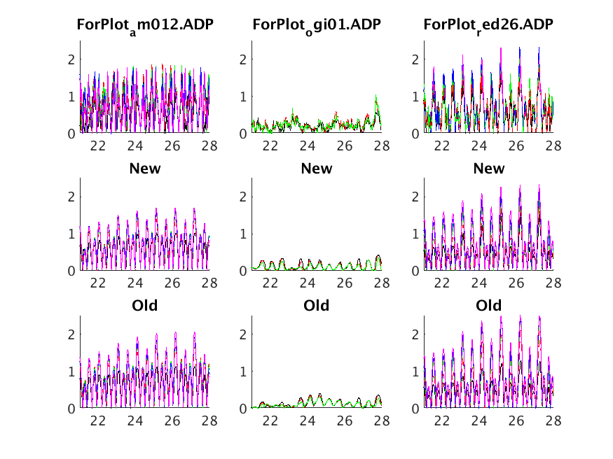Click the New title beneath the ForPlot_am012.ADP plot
[x=145, y=169]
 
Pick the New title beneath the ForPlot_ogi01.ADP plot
[x=317, y=169]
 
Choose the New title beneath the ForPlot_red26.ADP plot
[x=488, y=169]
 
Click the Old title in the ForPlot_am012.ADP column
[x=145, y=306]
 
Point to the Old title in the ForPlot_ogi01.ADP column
[x=317, y=306]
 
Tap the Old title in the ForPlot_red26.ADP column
[x=488, y=306]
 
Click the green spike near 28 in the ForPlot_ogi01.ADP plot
[x=376, y=98]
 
